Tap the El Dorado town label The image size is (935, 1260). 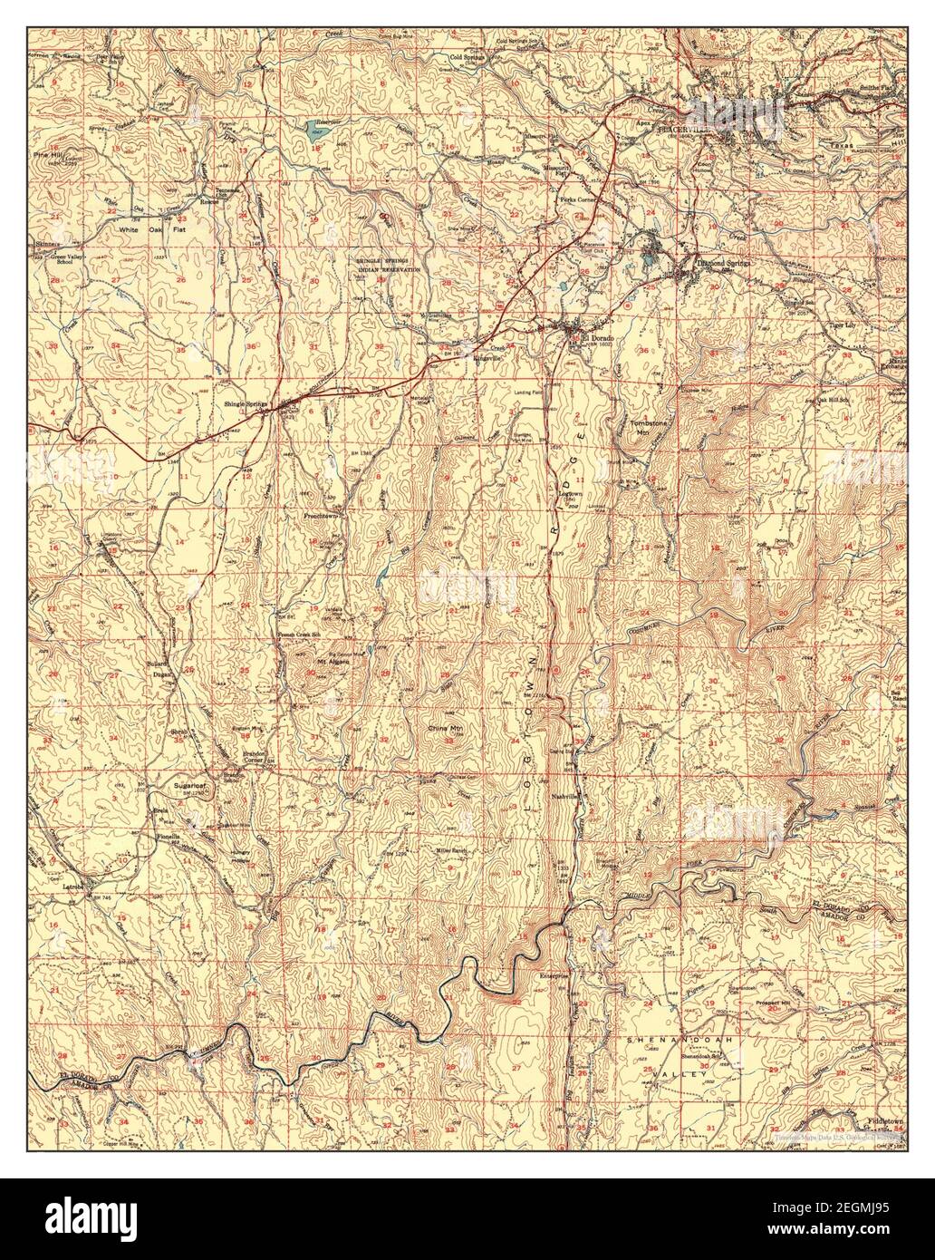tap(597, 339)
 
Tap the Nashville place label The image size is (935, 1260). tap(566, 796)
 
